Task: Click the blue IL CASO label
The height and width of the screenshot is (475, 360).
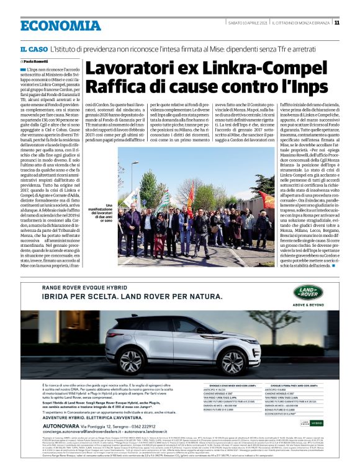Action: [x=33, y=49]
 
